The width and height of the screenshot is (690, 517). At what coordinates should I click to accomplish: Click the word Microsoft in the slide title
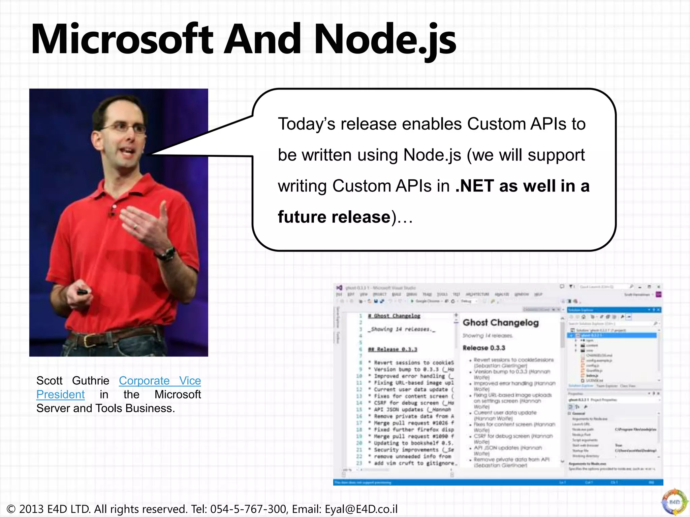[122, 39]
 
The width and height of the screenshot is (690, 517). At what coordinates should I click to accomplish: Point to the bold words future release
[334, 217]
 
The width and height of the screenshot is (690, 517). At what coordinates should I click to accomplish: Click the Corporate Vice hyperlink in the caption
[160, 381]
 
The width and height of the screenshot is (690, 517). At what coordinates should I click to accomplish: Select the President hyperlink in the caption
[60, 394]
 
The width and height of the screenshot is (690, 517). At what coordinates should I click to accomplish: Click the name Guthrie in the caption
[91, 381]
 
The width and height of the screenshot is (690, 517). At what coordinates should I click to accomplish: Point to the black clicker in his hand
[82, 292]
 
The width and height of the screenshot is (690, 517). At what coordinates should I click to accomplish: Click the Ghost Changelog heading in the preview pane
[501, 322]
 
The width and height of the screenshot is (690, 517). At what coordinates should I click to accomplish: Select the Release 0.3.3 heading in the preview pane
[484, 348]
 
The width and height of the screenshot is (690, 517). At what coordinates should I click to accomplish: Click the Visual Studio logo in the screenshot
[339, 288]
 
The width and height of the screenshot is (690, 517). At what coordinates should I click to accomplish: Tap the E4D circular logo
[674, 502]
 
